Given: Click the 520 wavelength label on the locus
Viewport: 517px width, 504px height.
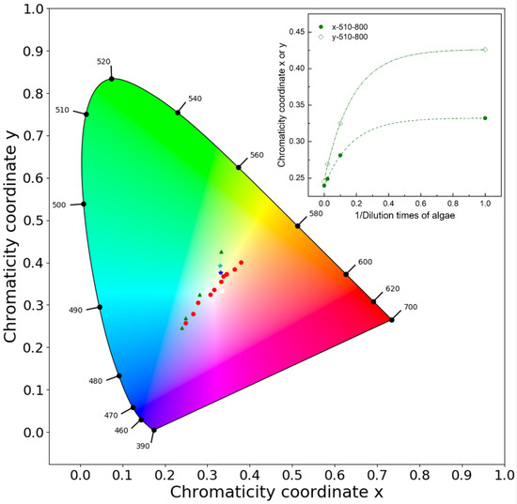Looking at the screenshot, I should [x=102, y=62].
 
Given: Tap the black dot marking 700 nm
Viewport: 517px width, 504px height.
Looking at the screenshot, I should [x=391, y=320].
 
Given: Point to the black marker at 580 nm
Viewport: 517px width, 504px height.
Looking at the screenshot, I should [x=298, y=225].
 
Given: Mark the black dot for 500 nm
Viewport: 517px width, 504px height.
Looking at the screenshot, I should [x=84, y=204].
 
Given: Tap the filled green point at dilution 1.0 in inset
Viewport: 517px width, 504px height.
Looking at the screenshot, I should [x=485, y=118].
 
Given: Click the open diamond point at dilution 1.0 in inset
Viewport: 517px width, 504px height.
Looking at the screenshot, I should [x=485, y=50].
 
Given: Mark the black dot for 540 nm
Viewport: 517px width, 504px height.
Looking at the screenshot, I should [x=178, y=113].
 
